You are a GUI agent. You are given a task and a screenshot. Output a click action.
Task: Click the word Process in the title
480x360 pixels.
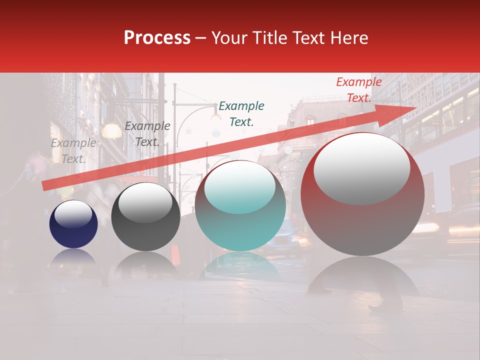157,38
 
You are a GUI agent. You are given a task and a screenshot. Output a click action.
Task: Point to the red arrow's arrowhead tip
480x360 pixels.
416,107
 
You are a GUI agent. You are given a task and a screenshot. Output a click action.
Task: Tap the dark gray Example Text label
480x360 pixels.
147,134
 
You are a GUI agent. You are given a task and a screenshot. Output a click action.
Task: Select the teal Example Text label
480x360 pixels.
241,113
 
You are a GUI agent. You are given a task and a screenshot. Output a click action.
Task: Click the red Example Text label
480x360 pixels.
358,90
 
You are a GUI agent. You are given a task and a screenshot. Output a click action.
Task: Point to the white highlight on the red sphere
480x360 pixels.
361,169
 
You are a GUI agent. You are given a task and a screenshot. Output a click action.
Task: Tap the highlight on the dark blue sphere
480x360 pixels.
73,214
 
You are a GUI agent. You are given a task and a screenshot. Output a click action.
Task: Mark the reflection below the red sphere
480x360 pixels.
362,277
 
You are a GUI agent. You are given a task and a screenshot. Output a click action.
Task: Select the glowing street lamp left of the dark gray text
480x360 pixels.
112,131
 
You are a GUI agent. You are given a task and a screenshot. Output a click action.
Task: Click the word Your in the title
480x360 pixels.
231,38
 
